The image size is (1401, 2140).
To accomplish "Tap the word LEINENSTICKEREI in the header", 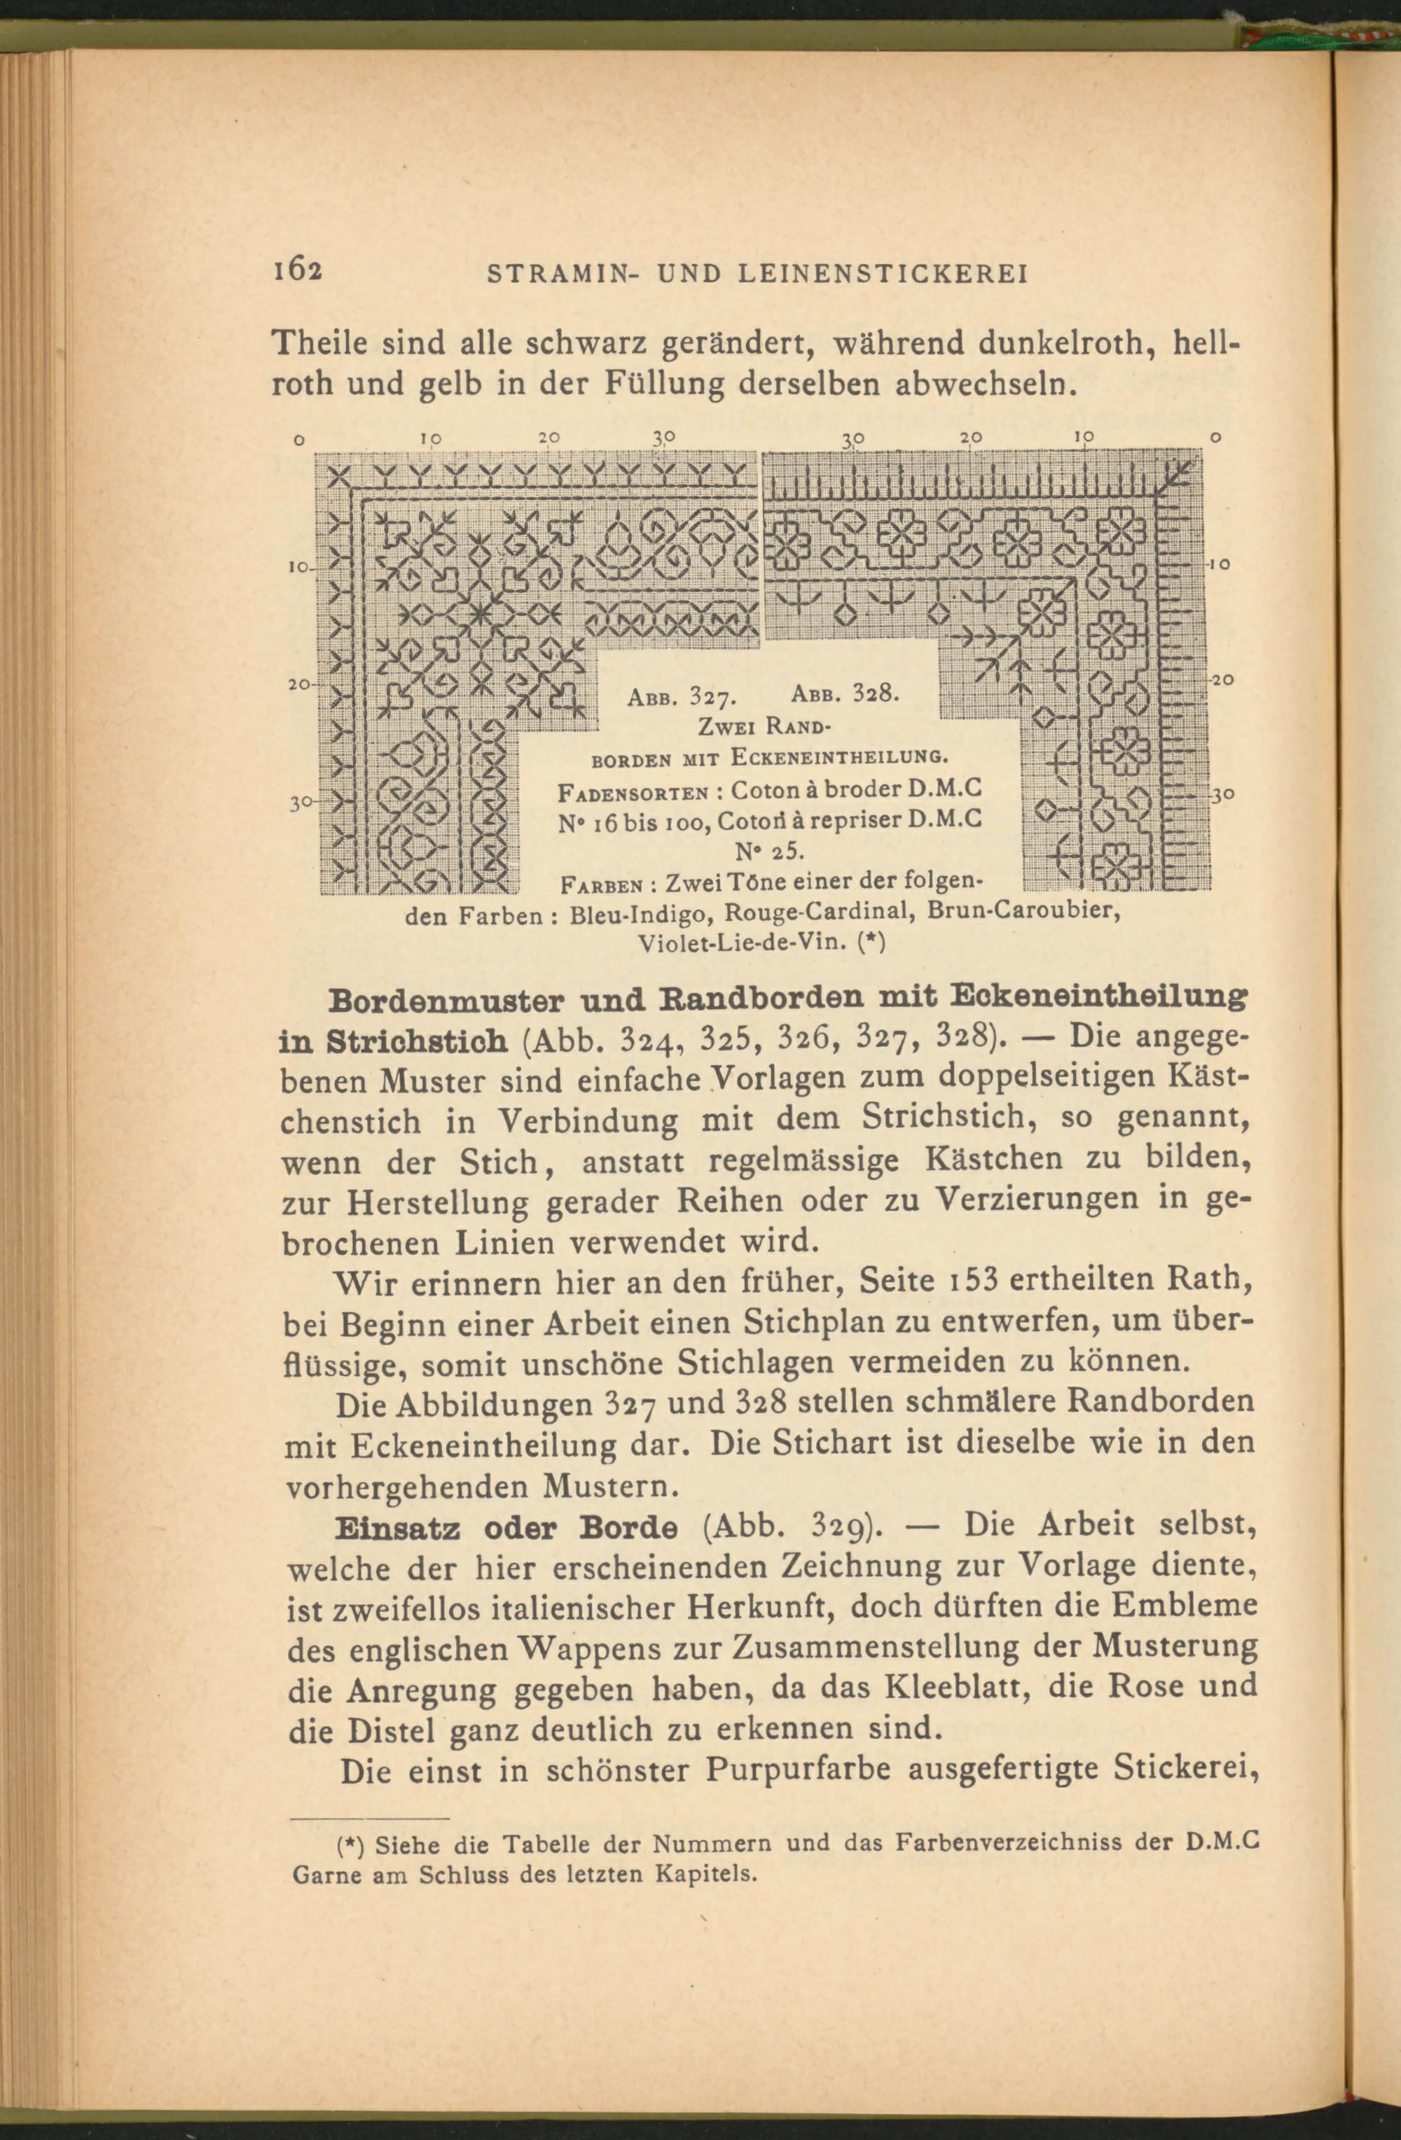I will tap(882, 273).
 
